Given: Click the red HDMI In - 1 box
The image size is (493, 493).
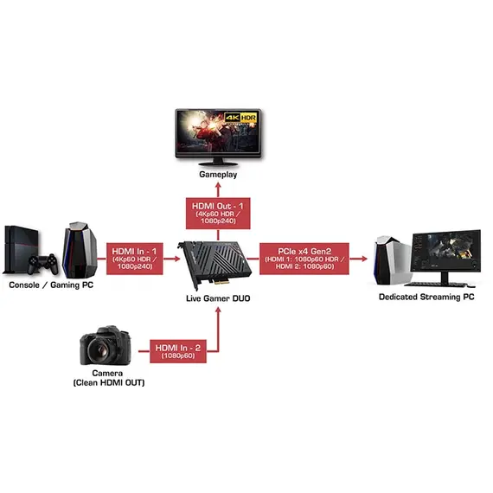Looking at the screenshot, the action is click(135, 259).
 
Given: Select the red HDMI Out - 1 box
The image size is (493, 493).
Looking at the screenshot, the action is click(218, 214).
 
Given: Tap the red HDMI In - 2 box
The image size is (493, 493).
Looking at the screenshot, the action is click(178, 351).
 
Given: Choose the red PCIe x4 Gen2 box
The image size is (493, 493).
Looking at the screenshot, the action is click(304, 259).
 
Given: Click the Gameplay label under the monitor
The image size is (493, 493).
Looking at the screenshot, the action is click(218, 175).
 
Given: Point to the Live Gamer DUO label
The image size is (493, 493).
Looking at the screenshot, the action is click(218, 298).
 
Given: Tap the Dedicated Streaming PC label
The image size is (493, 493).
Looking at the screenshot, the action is click(426, 298).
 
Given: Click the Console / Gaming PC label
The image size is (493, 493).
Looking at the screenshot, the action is click(51, 285).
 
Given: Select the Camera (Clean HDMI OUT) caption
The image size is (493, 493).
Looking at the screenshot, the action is click(109, 378).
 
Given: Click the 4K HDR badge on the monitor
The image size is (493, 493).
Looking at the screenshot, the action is click(240, 118).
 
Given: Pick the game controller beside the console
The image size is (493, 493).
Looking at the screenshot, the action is click(43, 264).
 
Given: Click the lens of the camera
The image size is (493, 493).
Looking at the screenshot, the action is click(100, 349).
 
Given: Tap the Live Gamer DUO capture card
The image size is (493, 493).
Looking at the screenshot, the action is click(215, 264).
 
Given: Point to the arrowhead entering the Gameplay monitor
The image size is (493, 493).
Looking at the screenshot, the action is click(218, 185).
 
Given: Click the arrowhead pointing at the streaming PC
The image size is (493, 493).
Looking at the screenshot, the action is click(364, 259).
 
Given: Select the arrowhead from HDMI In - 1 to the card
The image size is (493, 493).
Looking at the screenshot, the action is click(176, 259).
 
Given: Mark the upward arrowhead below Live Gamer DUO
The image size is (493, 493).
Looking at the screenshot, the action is click(218, 311).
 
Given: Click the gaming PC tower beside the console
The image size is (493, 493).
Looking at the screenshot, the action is click(80, 250).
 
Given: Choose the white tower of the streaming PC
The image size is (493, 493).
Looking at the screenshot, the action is click(392, 260).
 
